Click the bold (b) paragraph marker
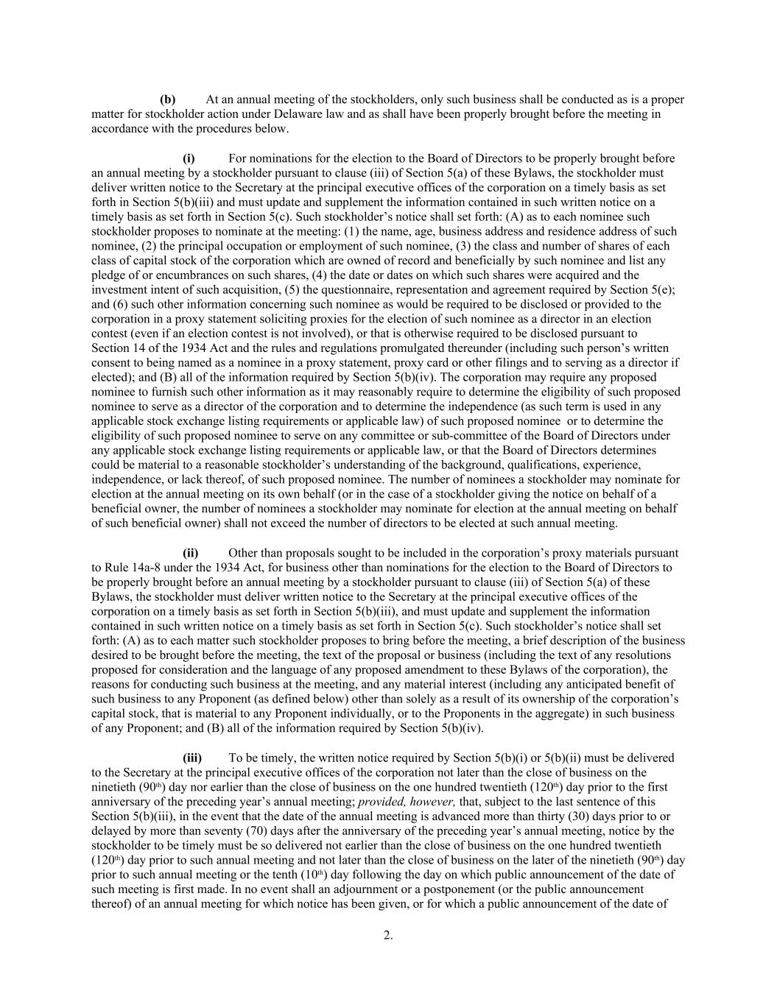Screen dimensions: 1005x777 click(x=168, y=99)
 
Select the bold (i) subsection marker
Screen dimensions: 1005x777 click(x=189, y=158)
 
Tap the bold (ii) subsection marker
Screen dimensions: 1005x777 click(x=190, y=553)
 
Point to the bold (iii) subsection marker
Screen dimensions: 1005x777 click(x=191, y=758)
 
